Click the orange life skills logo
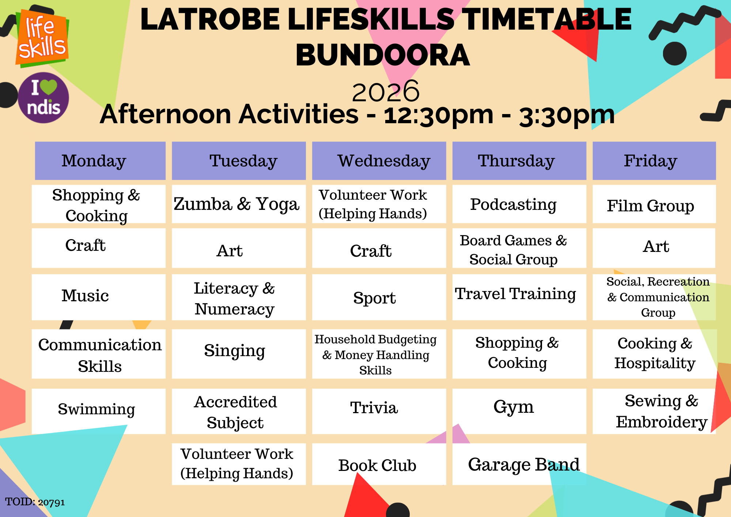42,38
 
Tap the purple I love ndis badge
43,98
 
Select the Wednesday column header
379,161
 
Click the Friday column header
654,161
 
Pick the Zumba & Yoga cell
239,204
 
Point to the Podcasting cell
519,204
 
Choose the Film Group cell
654,204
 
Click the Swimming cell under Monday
99,411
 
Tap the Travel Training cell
519,297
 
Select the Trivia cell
379,411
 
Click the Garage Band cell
519,464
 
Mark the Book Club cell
379,464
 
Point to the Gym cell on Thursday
519,411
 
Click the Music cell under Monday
99,297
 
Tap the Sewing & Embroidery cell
654,411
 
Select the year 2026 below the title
386,91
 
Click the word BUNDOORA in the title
383,55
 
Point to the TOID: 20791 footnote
35,502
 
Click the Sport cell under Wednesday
379,297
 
